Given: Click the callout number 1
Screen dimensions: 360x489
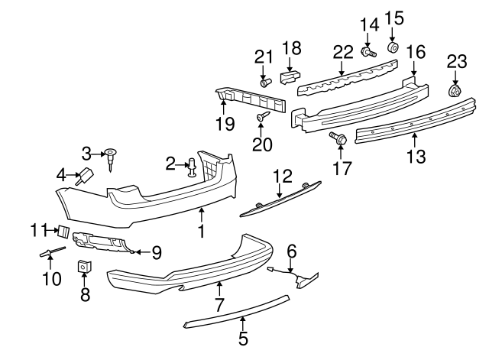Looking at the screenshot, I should (x=202, y=230).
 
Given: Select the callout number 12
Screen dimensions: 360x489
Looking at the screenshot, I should (x=283, y=176).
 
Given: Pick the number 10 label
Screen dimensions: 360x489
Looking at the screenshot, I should (x=51, y=280).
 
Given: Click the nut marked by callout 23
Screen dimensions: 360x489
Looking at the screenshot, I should (x=454, y=91).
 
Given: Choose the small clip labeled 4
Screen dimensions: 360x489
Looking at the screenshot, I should (x=86, y=177).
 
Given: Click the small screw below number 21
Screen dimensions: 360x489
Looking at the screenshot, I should (x=264, y=81).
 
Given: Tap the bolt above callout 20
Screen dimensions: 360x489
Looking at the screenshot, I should (x=262, y=116).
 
